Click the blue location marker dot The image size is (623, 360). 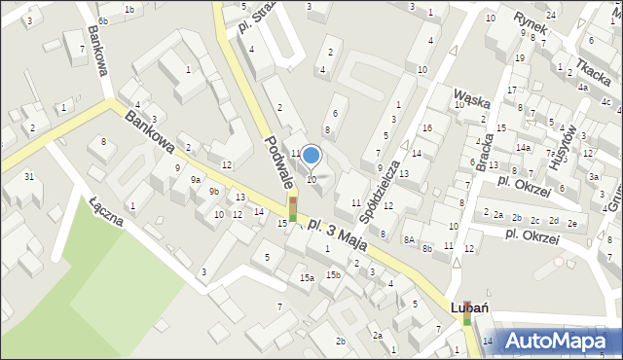(x=311, y=155)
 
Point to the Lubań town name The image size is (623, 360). (x=468, y=306)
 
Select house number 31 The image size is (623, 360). (x=29, y=176)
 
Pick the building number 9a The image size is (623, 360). (x=196, y=179)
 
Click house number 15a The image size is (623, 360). (x=307, y=278)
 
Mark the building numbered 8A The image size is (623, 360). (x=410, y=238)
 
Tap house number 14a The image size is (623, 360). (x=523, y=148)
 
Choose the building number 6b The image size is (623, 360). (x=103, y=20)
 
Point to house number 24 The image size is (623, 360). (x=551, y=15)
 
